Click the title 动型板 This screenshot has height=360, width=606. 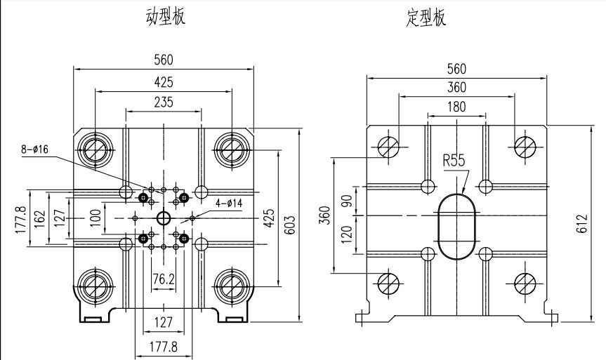(166, 17)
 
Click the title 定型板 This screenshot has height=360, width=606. (426, 18)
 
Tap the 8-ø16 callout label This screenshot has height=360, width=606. (35, 149)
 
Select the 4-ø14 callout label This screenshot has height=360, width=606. (229, 204)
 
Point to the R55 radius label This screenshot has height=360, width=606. (454, 160)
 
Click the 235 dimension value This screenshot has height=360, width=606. (164, 102)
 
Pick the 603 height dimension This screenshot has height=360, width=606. (291, 225)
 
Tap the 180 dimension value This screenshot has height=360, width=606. (456, 106)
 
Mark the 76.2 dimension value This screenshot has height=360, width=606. (164, 279)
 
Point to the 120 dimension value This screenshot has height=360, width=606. (347, 234)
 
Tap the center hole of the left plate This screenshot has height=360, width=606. (164, 218)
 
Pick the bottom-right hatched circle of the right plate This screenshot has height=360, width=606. (525, 283)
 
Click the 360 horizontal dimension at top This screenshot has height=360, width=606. (456, 87)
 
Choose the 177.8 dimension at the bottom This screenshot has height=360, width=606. (164, 347)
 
